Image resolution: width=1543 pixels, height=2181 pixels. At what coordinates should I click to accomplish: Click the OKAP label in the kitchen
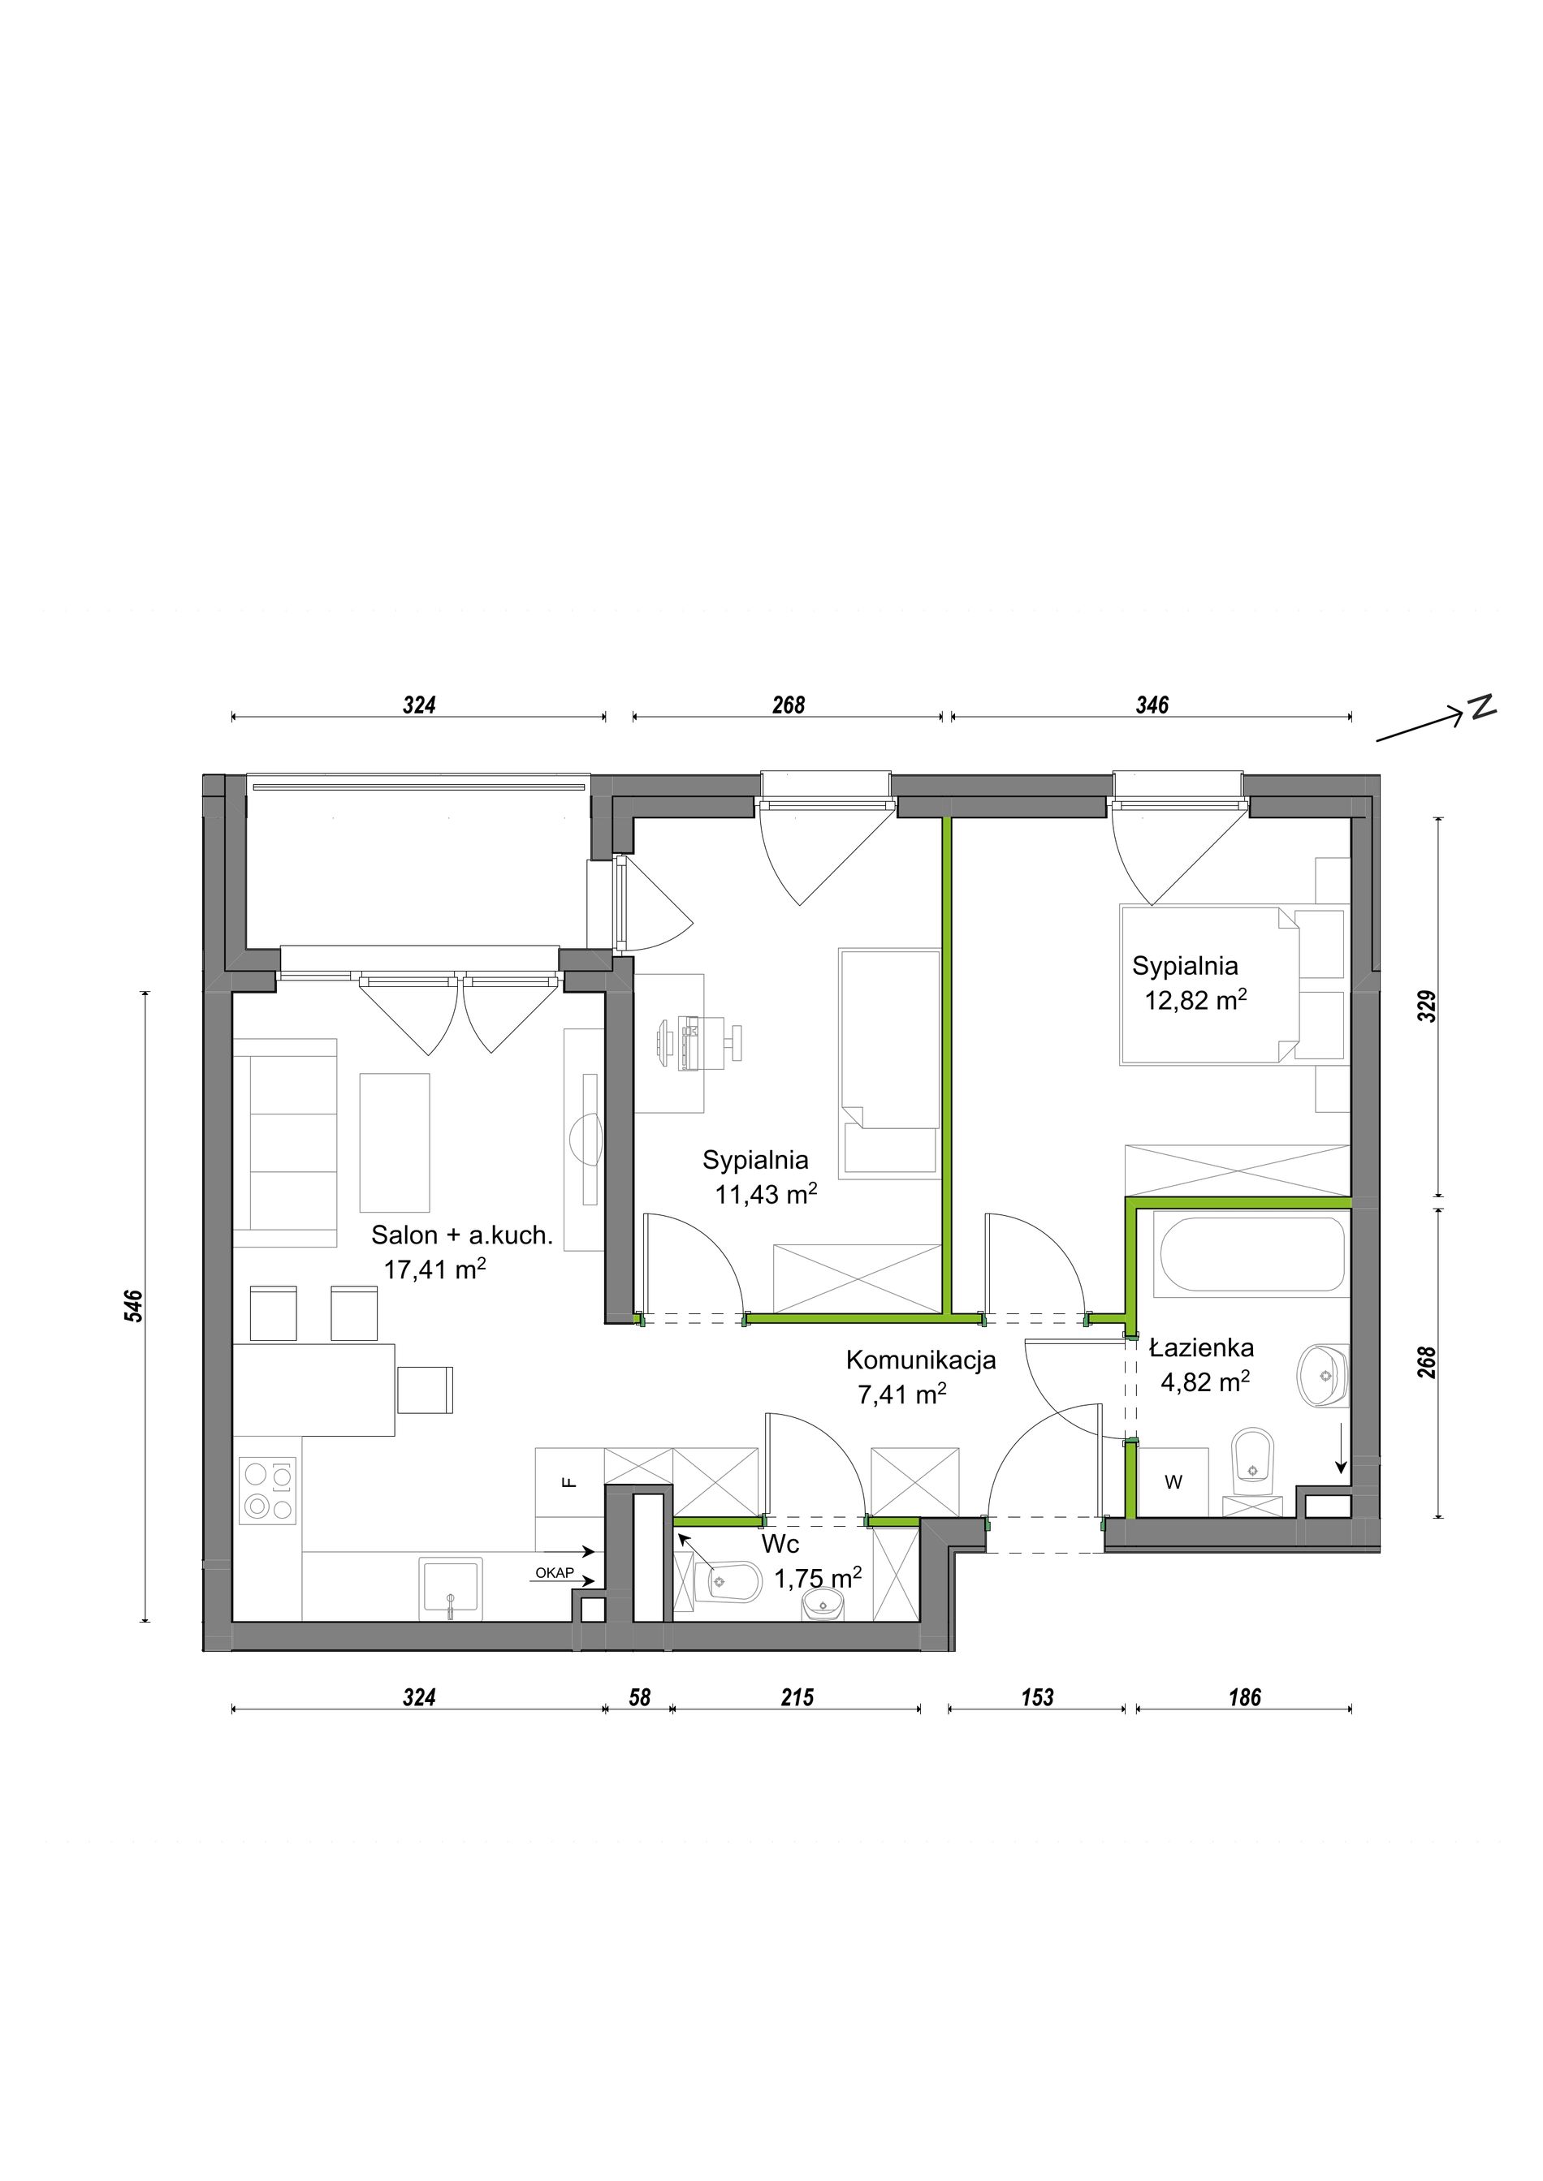coord(554,1573)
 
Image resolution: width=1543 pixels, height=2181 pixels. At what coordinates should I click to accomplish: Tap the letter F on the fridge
coord(569,1482)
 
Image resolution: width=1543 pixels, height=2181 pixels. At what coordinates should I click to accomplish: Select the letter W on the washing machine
coord(1173,1482)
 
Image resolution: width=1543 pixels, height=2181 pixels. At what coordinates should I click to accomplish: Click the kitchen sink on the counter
coord(452,1588)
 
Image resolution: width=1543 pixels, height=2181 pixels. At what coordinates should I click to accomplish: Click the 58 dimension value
coord(639,1697)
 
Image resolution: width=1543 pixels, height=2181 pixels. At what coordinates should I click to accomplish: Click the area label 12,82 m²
coord(1195,1000)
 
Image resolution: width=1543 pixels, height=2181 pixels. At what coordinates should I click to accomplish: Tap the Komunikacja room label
coord(921,1360)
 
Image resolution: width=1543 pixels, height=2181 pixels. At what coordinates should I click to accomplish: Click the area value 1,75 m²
coord(818,1579)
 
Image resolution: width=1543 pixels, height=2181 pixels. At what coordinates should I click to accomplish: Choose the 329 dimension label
coord(1427,1007)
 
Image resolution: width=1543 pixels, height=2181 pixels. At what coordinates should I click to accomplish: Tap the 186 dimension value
coord(1245,1697)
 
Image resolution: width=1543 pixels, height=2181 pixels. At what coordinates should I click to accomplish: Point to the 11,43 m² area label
coord(766,1194)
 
